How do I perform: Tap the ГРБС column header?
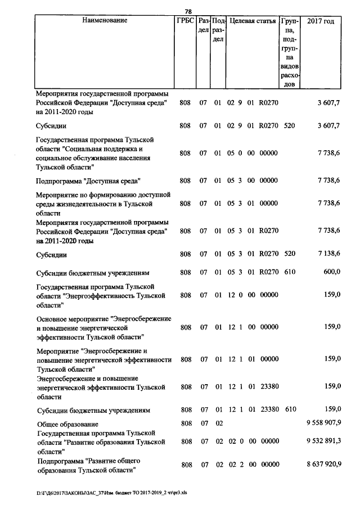pos(185,21)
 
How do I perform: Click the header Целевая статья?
pos(253,21)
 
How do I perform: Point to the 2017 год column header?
pos(321,21)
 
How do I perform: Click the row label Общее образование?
pos(67,424)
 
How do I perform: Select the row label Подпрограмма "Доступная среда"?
pos(88,181)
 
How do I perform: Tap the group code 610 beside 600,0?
pos(290,272)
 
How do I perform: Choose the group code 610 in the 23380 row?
pos(290,410)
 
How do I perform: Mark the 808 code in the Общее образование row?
pos(185,424)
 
